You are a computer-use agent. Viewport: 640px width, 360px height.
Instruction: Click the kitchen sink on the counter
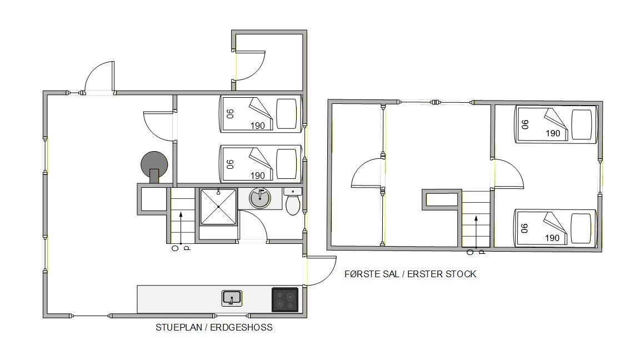(x=232, y=298)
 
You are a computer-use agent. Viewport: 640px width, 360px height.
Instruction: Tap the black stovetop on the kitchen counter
(x=285, y=299)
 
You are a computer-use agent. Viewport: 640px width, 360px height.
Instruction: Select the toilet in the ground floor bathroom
(x=293, y=202)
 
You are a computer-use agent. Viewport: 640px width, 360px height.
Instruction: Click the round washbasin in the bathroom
(x=260, y=198)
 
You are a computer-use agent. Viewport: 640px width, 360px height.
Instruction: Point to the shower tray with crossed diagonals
(x=218, y=207)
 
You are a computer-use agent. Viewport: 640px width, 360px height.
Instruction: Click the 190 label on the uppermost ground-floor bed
(x=258, y=126)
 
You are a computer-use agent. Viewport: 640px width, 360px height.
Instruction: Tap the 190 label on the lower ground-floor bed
(x=258, y=176)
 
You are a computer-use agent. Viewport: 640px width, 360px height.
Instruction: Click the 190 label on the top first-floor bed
(x=553, y=133)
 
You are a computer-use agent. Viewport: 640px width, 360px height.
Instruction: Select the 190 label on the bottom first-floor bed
(x=552, y=238)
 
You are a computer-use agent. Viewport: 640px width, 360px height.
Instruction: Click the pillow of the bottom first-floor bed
(x=581, y=228)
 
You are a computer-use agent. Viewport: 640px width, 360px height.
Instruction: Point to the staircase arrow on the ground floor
(x=181, y=228)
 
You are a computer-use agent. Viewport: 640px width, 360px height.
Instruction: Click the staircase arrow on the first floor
(x=476, y=233)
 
